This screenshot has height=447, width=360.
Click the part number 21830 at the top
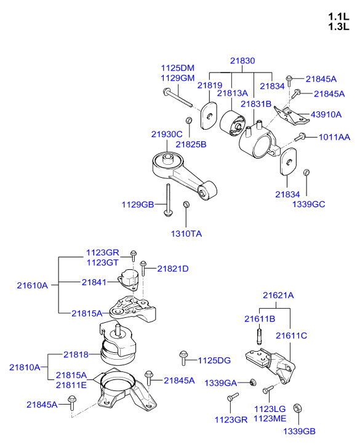pos(242,61)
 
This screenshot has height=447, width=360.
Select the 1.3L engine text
pos(338,27)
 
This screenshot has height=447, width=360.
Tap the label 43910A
pos(327,114)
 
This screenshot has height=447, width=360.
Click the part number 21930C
pos(167,134)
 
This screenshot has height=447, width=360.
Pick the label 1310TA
pos(186,234)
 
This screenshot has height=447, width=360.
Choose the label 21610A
pos(32,285)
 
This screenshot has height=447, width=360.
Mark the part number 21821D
pos(172,269)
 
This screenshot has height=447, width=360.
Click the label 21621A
pos(278,295)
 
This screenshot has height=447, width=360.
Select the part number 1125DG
pos(214,360)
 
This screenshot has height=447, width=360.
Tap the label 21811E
pos(71,385)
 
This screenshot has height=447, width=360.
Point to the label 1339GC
pos(308,203)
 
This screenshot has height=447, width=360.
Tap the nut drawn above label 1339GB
pos(297,408)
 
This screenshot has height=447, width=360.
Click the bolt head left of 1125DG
pos(183,355)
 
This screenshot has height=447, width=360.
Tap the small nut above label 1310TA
pos(186,205)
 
